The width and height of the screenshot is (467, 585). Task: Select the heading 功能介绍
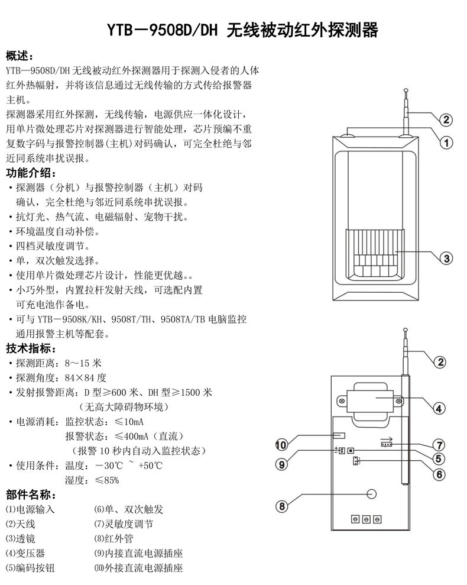[x=32, y=173]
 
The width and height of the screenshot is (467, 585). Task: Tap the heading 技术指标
[x=32, y=348]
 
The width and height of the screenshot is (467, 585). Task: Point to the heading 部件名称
[x=32, y=494]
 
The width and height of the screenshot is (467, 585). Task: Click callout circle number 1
[x=447, y=142]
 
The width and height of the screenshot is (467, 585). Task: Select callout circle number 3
[x=447, y=258]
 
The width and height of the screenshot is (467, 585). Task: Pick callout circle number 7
[x=439, y=445]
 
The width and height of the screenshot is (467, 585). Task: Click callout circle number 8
[x=282, y=506]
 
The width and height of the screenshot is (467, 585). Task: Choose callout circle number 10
[x=282, y=445]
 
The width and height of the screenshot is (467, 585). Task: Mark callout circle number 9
[x=282, y=464]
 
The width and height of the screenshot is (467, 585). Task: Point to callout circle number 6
[x=439, y=474]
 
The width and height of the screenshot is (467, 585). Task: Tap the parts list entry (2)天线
[x=21, y=523]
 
